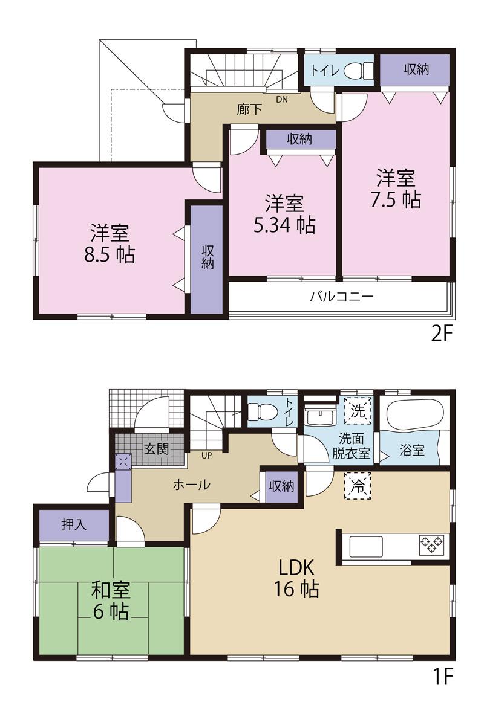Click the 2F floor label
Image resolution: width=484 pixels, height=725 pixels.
[x=442, y=334]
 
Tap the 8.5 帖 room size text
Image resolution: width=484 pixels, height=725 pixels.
[x=110, y=255]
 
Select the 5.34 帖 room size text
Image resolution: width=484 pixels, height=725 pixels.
[x=284, y=225]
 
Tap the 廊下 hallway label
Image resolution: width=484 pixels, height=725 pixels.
[x=249, y=111]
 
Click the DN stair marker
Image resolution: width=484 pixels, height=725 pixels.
[x=282, y=100]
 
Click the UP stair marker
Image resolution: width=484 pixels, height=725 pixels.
[x=206, y=455]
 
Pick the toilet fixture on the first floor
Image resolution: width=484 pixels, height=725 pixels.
[x=258, y=412]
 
